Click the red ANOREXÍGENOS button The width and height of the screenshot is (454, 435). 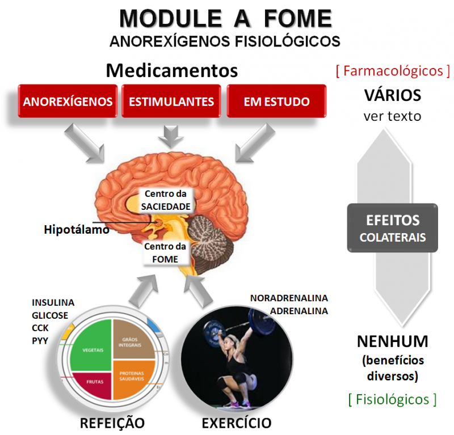point(68,102)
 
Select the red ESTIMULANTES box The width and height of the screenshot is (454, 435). point(171,102)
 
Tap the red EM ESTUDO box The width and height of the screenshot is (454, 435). point(276,102)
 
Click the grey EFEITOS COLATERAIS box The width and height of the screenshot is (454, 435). point(392,228)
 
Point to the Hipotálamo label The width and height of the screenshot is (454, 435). point(76,230)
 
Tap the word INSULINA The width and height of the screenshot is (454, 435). point(53,302)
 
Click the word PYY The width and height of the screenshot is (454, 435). point(40,340)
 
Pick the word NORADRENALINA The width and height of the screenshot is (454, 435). point(289,298)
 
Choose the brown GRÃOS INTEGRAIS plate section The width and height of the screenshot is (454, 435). point(132,340)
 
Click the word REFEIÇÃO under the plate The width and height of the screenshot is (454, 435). point(112,423)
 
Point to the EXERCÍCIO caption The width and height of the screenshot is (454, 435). point(236,423)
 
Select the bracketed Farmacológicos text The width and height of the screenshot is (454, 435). point(393,71)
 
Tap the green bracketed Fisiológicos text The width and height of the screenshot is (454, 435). point(392,399)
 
